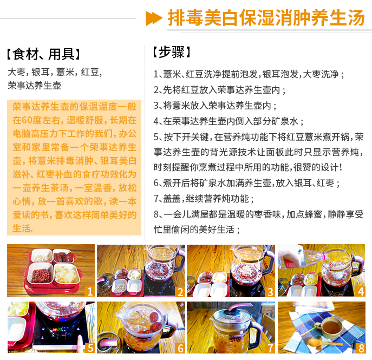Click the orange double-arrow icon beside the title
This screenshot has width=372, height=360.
click(x=154, y=18)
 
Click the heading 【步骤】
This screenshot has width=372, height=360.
click(x=171, y=52)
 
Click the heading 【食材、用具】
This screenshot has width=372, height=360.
click(x=43, y=54)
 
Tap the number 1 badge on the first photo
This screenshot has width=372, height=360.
click(x=90, y=291)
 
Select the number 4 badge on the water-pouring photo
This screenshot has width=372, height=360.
click(x=361, y=291)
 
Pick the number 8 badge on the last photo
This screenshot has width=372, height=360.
click(x=361, y=348)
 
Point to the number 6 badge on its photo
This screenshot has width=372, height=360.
click(x=180, y=348)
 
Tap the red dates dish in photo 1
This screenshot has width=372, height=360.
click(x=63, y=256)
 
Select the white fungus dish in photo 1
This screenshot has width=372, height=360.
click(x=66, y=273)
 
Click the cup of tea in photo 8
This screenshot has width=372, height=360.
click(x=329, y=327)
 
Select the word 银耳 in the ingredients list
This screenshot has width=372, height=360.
click(x=40, y=72)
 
